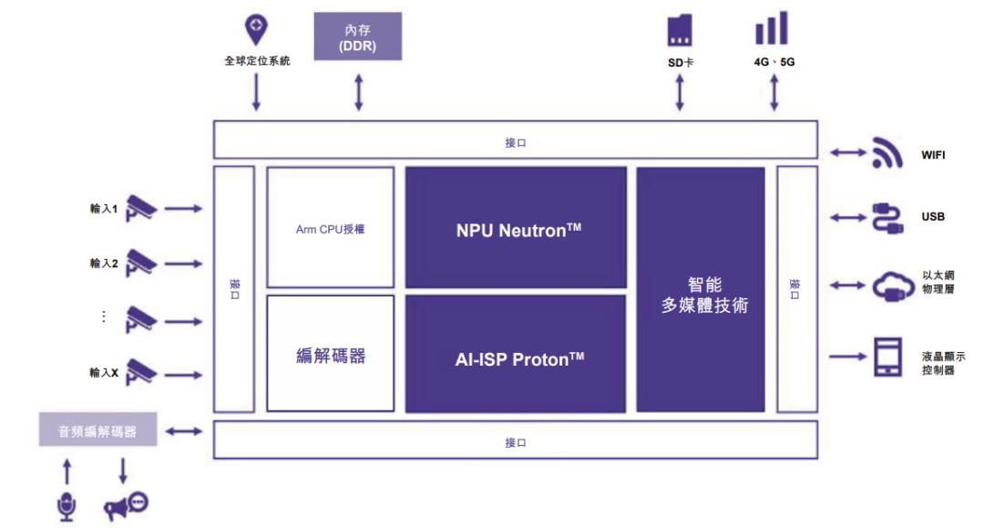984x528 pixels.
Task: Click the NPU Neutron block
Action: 517,228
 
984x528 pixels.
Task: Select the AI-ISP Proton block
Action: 517,354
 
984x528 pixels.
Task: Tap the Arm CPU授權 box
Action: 330,228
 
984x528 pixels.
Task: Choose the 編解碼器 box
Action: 330,354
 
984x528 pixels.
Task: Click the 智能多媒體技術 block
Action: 700,290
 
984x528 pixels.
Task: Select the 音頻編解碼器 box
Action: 97,430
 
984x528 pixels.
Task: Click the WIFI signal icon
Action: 887,153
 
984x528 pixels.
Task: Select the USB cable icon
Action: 887,217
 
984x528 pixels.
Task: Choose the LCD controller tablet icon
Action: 887,357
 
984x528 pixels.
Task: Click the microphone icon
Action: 67,505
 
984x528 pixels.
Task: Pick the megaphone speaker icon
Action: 126,505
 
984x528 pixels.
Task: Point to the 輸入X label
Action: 104,372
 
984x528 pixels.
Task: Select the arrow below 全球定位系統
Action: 256,92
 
